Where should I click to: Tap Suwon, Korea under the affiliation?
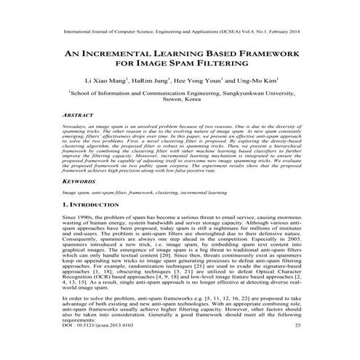180,102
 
